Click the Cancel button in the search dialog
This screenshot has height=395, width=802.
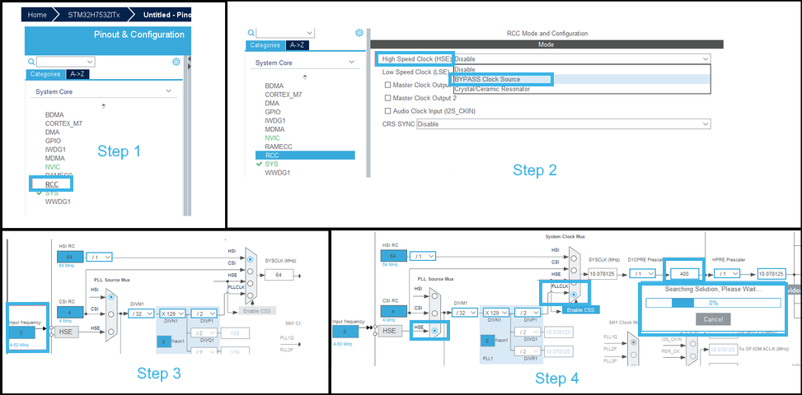click(x=713, y=318)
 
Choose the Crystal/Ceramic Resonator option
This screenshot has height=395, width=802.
click(x=492, y=89)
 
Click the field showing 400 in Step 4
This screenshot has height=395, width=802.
click(x=682, y=273)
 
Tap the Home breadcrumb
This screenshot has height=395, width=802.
click(x=37, y=15)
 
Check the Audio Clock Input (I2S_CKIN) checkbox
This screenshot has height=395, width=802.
click(x=388, y=110)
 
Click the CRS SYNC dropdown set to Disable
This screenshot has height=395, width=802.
click(x=563, y=123)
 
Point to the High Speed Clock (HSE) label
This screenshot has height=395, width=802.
click(x=415, y=59)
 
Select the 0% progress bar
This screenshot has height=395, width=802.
click(x=713, y=302)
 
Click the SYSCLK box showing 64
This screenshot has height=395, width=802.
click(x=279, y=274)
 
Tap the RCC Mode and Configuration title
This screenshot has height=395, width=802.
click(x=546, y=34)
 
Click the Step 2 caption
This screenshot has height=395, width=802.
click(x=535, y=170)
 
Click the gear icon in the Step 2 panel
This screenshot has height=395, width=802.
click(x=359, y=33)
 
